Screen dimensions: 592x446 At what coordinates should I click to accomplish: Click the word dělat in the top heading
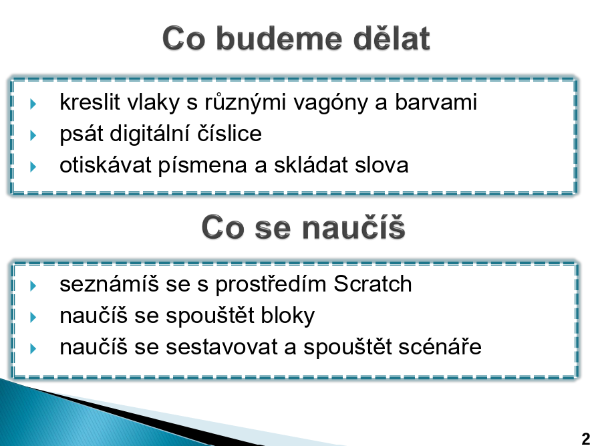click(x=392, y=38)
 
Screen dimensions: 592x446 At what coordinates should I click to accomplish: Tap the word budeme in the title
click(x=279, y=38)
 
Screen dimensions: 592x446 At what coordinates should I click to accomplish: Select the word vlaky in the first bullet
click(x=153, y=102)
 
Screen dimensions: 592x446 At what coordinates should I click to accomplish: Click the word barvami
click(x=436, y=102)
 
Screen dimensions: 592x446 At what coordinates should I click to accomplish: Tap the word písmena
click(x=202, y=165)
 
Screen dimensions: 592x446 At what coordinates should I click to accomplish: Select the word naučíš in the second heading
click(x=353, y=227)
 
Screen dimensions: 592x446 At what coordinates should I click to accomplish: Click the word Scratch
click(x=373, y=284)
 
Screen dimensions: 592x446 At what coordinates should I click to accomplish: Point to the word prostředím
click(x=271, y=284)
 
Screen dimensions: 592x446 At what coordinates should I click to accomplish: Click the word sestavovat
click(x=222, y=347)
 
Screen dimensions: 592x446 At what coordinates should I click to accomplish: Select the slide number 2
click(x=585, y=439)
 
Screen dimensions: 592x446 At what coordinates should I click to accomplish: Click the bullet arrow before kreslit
click(x=33, y=104)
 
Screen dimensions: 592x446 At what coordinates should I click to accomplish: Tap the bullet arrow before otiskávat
click(x=33, y=166)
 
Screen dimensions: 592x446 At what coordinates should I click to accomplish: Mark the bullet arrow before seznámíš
click(x=33, y=286)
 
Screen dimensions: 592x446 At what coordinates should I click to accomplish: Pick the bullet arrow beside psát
click(x=33, y=135)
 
